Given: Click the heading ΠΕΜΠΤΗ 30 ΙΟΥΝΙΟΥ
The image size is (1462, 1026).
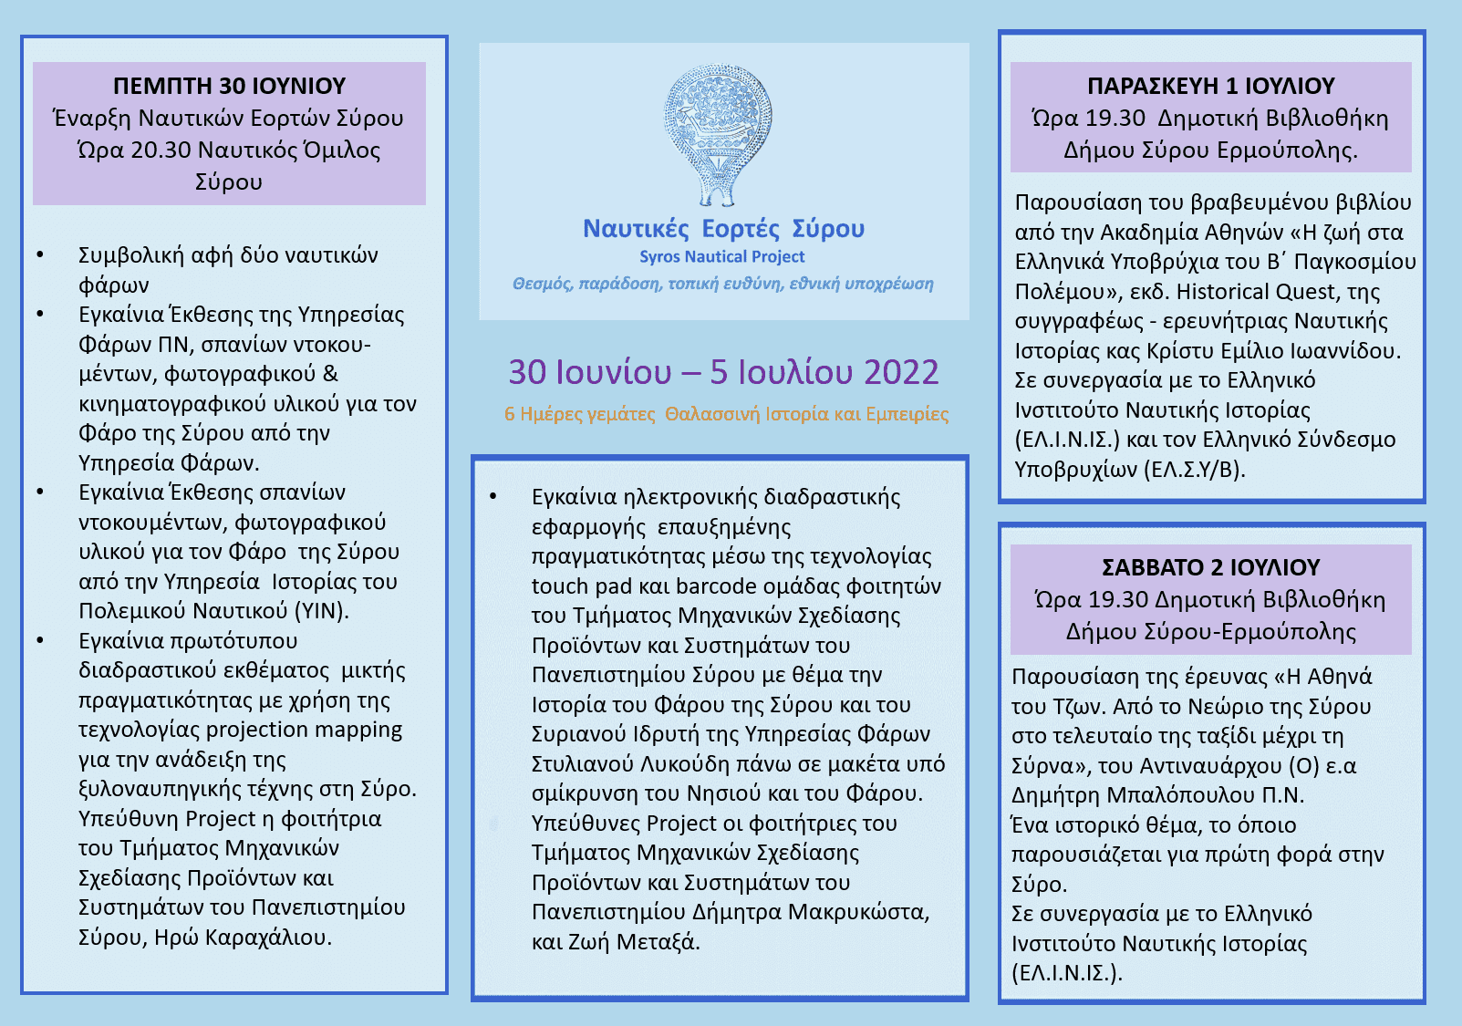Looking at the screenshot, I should click(x=229, y=86).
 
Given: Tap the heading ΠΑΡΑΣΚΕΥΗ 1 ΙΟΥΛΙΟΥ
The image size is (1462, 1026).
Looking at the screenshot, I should click(x=1210, y=86).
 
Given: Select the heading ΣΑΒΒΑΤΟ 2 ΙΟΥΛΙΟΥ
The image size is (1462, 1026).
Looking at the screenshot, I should click(x=1210, y=567).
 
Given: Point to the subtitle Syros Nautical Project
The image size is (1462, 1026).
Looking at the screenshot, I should click(x=721, y=257).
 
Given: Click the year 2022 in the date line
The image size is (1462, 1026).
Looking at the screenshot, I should click(x=900, y=372).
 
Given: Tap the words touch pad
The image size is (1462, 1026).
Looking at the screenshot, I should click(x=568, y=586).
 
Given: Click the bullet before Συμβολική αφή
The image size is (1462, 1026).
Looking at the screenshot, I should click(x=40, y=255).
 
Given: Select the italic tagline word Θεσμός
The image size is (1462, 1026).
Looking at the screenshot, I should click(x=542, y=284).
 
